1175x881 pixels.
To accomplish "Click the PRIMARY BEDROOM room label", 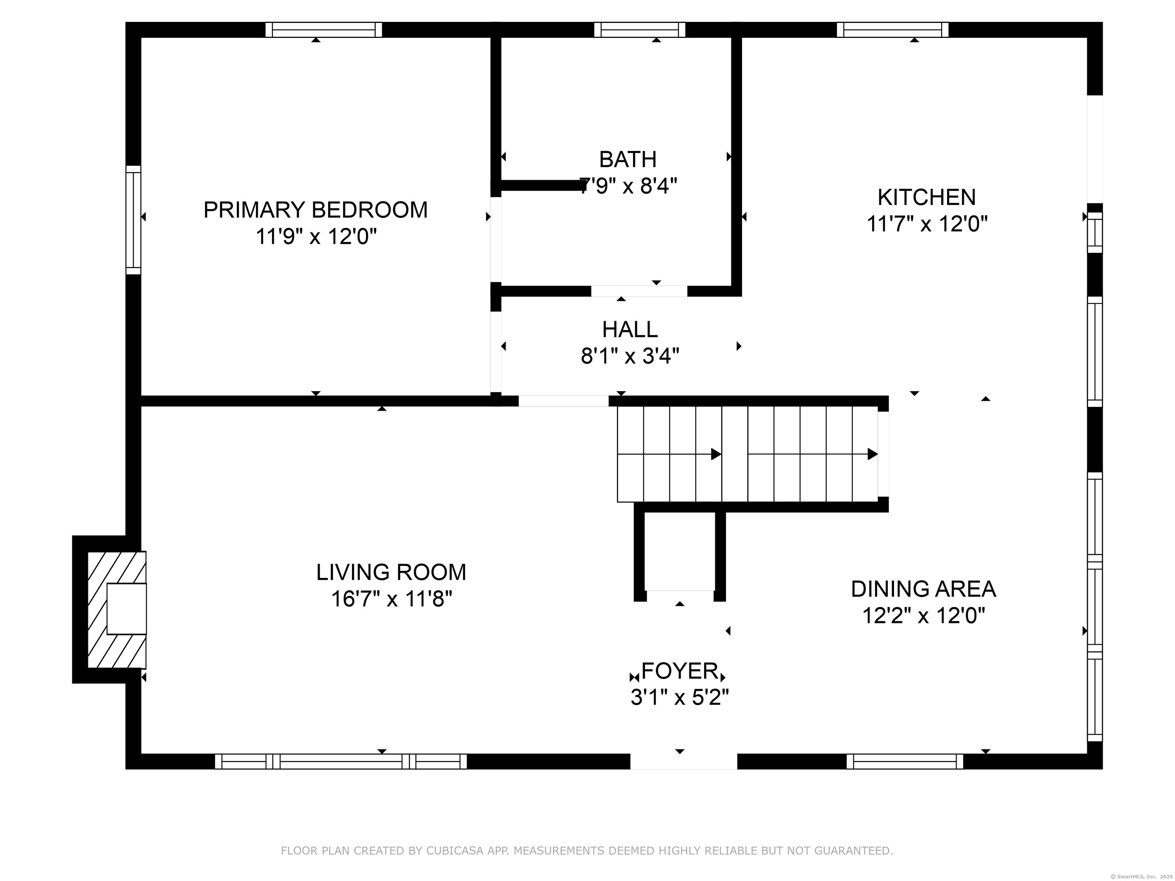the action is (316, 210).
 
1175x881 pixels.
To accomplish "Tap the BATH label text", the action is (628, 159).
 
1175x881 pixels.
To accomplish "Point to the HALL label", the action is (630, 329).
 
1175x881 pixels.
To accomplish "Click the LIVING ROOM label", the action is (392, 572).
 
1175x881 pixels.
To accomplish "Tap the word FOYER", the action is (680, 671).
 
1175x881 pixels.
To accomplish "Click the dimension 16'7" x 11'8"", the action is (392, 599).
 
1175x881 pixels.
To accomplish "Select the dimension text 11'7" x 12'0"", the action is (927, 224).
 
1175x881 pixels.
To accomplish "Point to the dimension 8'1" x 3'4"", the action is (630, 356).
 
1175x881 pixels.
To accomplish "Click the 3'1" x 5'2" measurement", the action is (680, 697).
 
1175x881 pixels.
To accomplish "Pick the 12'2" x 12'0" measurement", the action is (924, 616).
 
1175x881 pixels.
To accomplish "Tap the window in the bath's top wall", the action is (640, 30).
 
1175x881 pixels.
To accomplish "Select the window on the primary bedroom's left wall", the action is (133, 220).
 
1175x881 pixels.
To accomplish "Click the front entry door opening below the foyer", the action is (684, 761).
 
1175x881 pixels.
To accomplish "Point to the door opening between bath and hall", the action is (639, 291).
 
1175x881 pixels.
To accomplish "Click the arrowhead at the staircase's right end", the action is (872, 454).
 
